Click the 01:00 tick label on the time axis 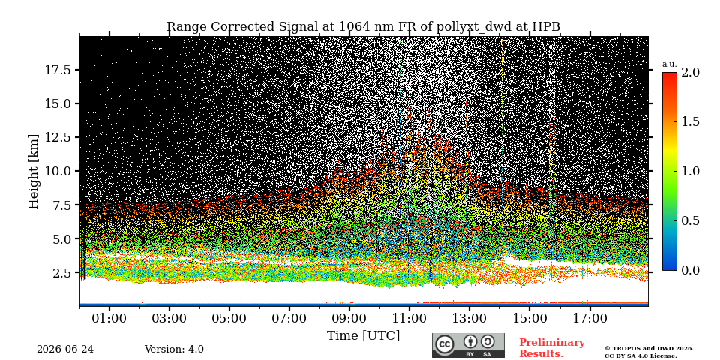[x=109, y=318]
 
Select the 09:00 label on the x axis [x=349, y=318]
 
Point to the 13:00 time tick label [x=469, y=318]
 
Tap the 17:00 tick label [x=589, y=318]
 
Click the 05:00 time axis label [x=229, y=318]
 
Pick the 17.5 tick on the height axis [x=58, y=70]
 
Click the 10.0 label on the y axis [x=58, y=171]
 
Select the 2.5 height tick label [x=61, y=273]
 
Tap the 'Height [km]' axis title [x=34, y=171]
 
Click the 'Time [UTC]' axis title [x=363, y=336]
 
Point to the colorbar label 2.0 [x=690, y=72]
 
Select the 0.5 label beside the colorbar [x=690, y=220]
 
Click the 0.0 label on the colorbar [x=690, y=271]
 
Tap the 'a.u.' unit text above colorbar [x=670, y=64]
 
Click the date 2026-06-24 [x=65, y=349]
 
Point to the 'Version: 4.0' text [x=174, y=349]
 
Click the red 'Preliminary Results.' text [x=551, y=347]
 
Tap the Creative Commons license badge [x=468, y=345]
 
